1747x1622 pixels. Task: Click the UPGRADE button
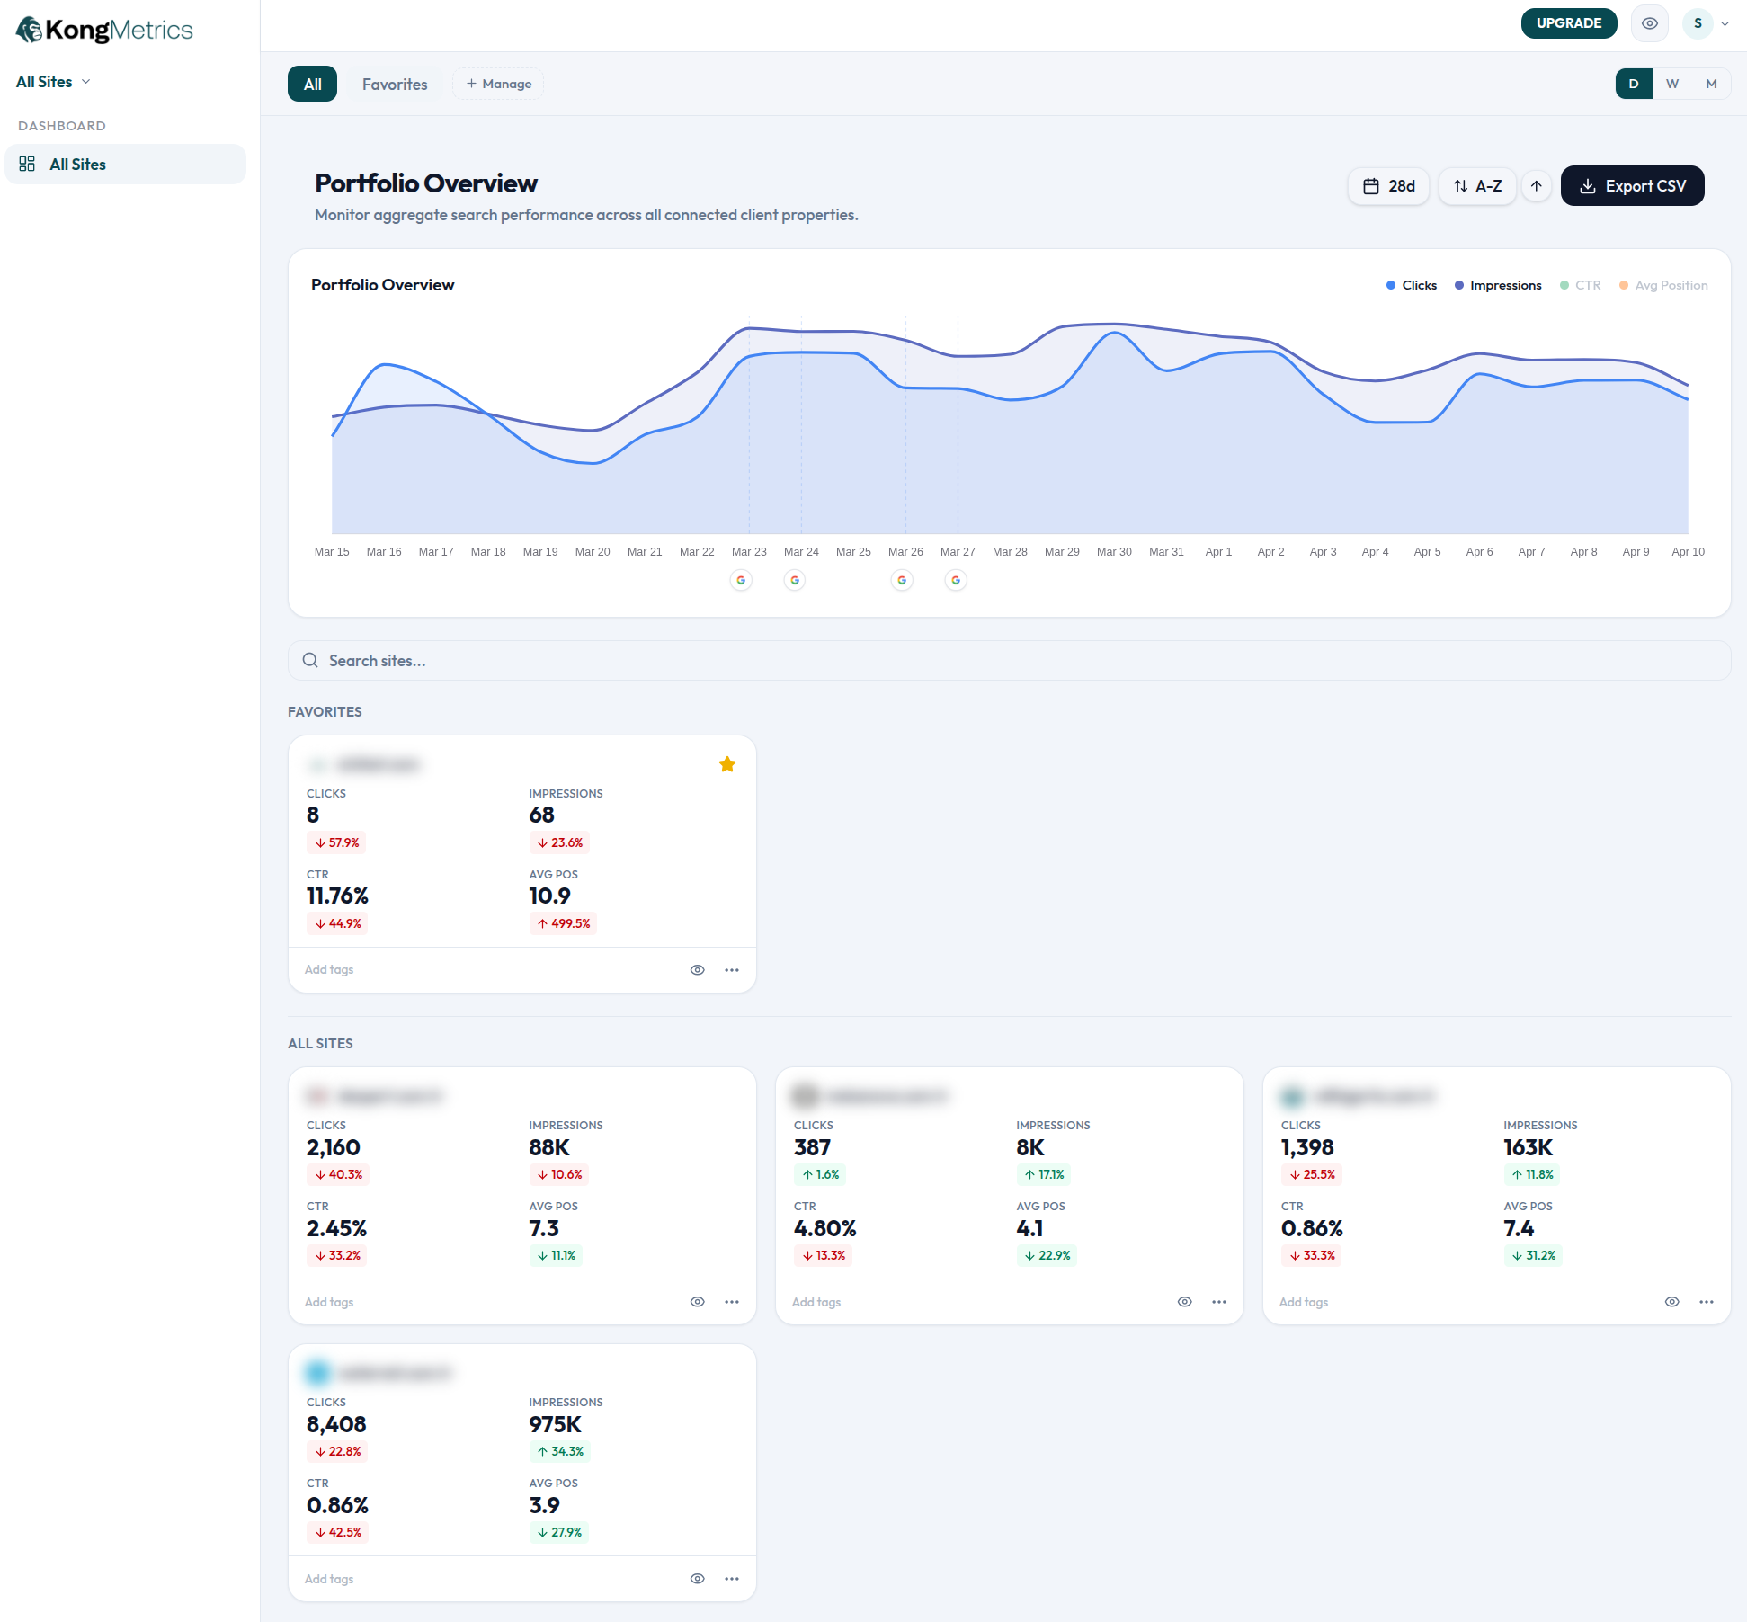1568,23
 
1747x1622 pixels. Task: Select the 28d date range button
1388,186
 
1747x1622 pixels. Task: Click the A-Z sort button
1477,186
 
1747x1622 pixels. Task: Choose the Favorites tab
395,84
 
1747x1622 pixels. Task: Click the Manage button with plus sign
498,84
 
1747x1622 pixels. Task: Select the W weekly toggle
1672,84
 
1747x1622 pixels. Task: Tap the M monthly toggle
1711,84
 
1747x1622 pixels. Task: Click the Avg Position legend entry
1663,285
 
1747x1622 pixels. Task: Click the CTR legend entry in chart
1581,285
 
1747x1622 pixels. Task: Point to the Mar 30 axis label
1114,552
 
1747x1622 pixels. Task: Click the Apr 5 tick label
1427,552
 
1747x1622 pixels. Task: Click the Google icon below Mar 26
902,580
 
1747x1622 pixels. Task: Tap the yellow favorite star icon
727,764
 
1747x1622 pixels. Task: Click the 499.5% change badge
563,923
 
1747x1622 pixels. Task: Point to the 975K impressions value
555,1424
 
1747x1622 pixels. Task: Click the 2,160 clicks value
333,1147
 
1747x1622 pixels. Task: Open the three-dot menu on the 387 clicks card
1219,1302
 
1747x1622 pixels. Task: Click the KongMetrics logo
104,30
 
